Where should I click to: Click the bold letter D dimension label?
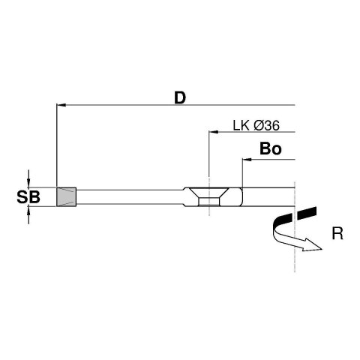click(179, 97)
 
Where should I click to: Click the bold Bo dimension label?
click(269, 149)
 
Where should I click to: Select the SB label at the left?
click(28, 197)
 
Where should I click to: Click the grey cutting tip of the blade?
click(67, 197)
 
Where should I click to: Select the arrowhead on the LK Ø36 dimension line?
click(214, 133)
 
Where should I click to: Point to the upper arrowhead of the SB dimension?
click(29, 181)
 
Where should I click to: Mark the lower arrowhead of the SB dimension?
click(29, 213)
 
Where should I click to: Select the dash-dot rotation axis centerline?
click(298, 255)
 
